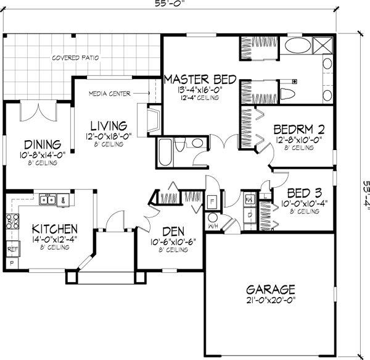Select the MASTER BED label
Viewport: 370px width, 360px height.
(x=200, y=79)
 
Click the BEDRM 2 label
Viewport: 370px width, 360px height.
(x=299, y=130)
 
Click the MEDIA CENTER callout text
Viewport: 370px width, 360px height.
(x=109, y=94)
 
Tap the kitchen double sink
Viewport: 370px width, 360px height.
(x=47, y=199)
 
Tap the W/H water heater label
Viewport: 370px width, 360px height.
(x=213, y=225)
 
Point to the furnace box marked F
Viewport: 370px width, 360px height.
(x=212, y=201)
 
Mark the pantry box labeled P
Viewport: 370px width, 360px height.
(x=12, y=264)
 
